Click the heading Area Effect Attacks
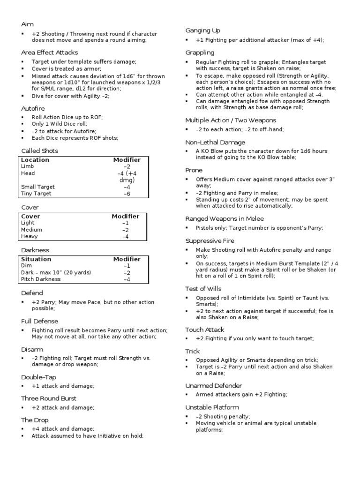pos(49,52)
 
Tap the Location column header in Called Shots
pos(35,160)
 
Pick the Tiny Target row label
pos(36,194)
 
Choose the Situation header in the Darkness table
pos(36,259)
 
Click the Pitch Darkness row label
pos(41,279)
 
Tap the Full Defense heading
pos(40,321)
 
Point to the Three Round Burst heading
pos(49,398)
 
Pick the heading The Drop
pos(35,420)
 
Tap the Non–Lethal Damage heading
pos(215,142)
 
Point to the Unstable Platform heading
pos(212,407)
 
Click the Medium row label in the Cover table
pos(31,230)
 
